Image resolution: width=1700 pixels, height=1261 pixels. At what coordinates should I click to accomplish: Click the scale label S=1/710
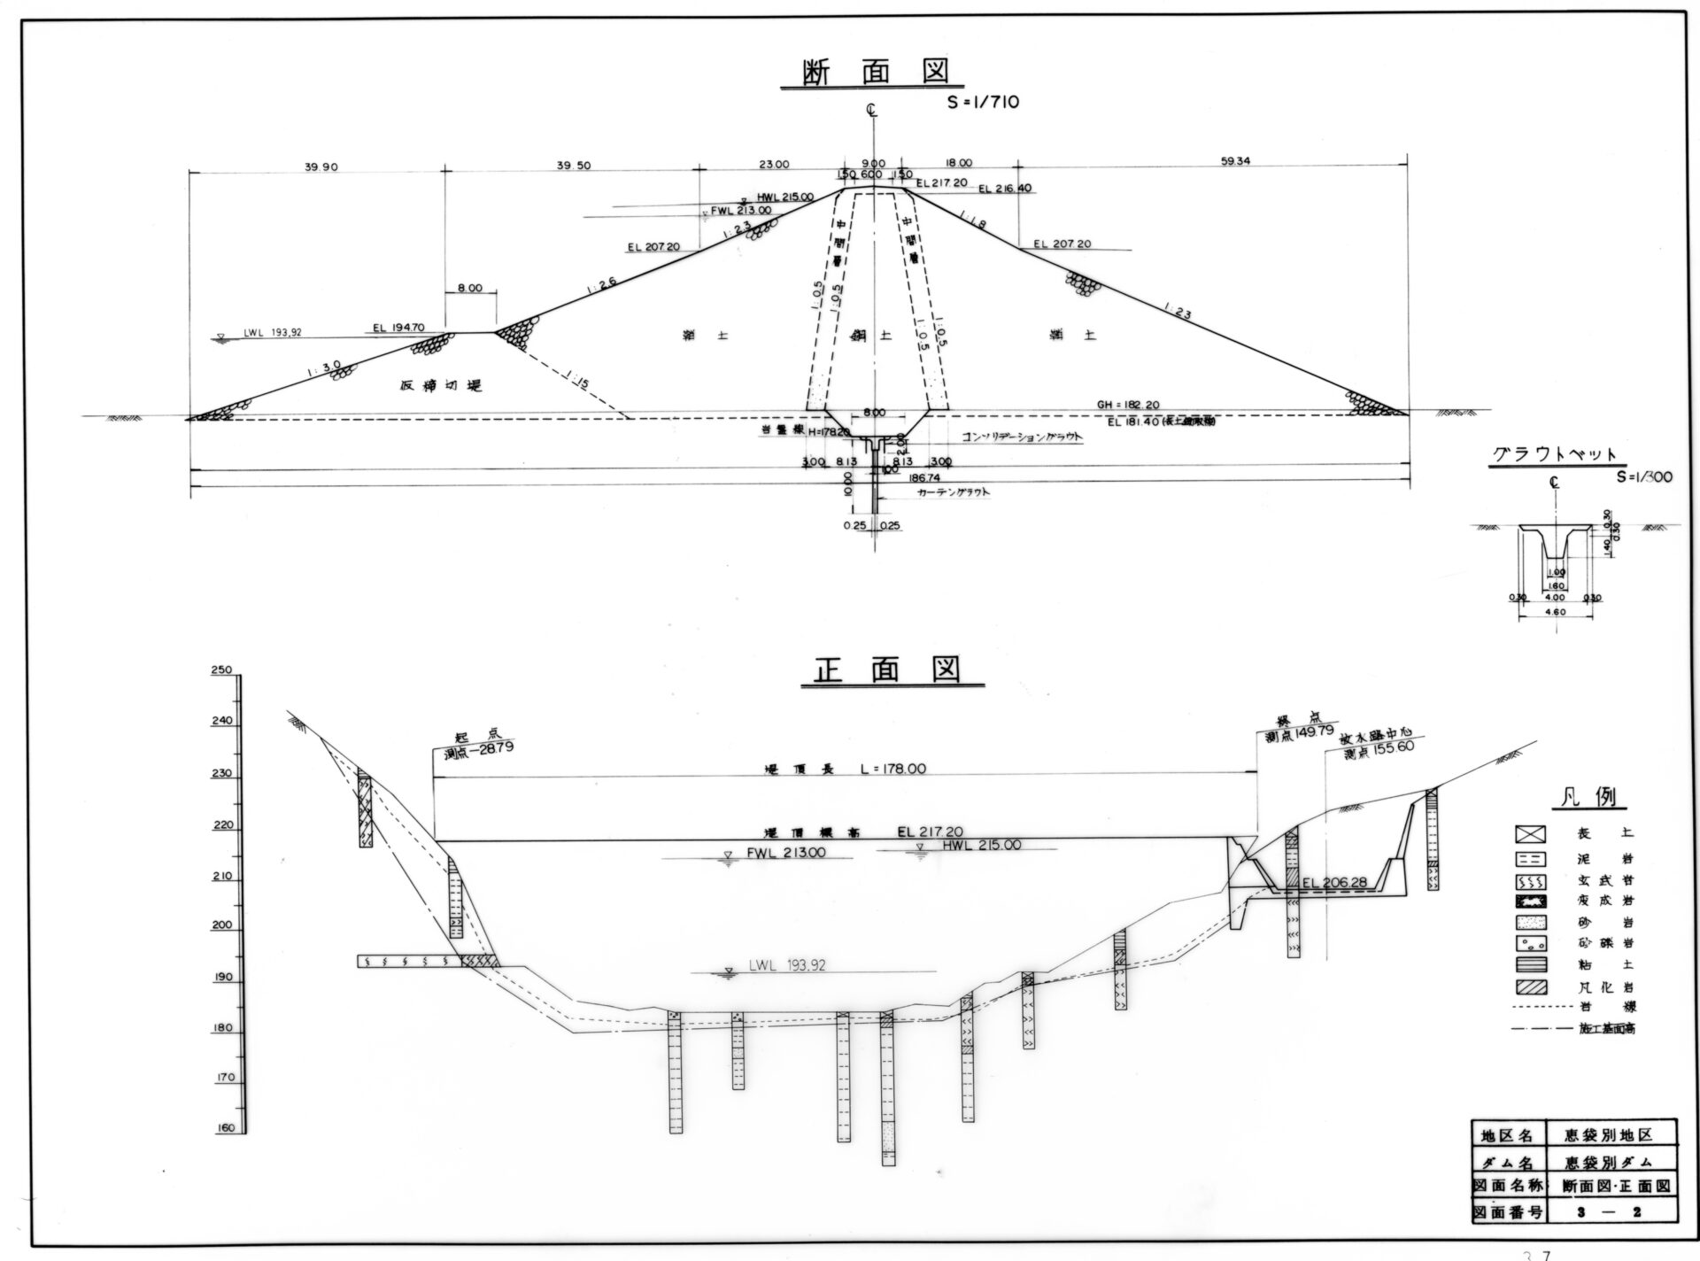(982, 102)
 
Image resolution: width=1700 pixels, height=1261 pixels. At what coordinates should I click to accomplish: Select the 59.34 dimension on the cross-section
(1234, 162)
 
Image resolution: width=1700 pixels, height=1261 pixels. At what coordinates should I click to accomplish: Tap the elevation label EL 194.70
(398, 328)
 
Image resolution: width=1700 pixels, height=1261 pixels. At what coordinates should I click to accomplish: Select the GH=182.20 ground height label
(1128, 404)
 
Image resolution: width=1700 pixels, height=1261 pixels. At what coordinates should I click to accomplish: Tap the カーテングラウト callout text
(953, 491)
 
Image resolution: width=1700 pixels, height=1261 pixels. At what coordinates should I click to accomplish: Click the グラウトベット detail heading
(1555, 455)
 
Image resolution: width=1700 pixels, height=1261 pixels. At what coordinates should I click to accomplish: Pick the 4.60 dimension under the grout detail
(1555, 612)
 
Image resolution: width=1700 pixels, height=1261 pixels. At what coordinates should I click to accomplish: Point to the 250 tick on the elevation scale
(220, 670)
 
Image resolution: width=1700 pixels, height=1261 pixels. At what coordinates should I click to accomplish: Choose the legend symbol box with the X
(1529, 833)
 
